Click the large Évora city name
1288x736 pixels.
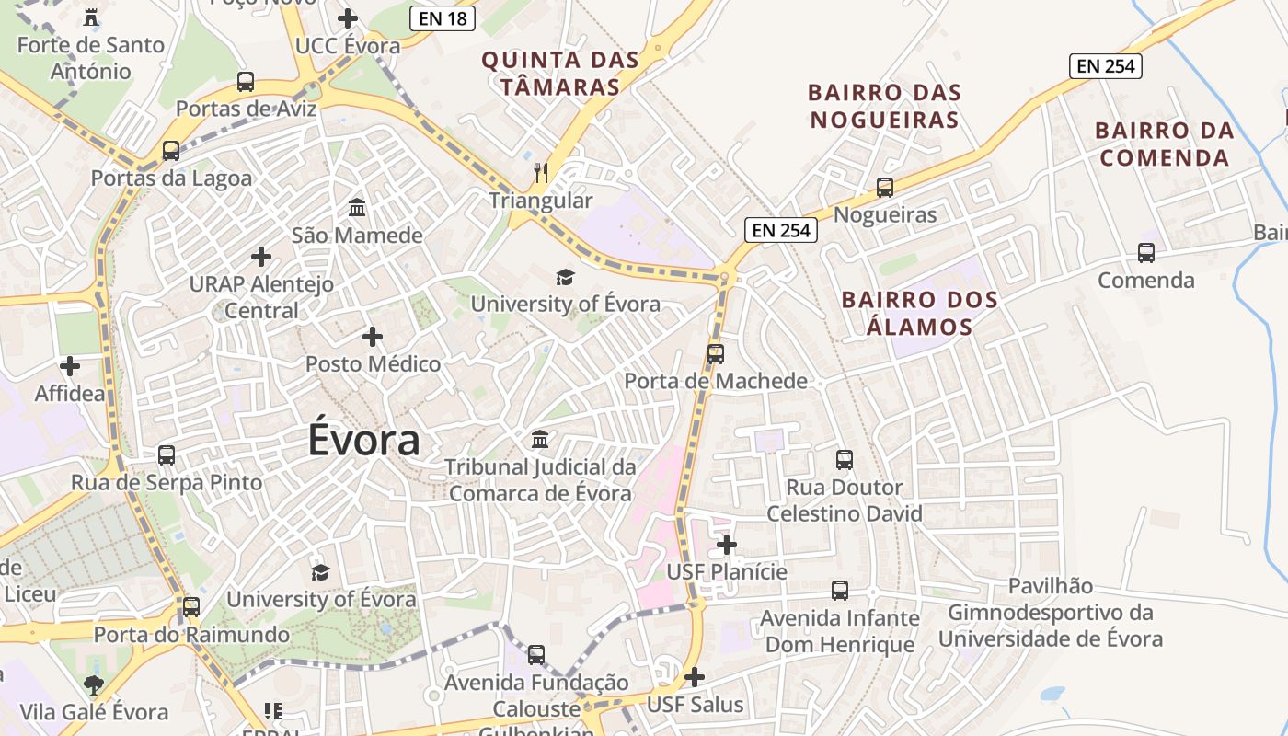[363, 441]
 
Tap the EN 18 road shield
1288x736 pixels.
[443, 17]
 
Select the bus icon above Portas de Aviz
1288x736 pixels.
[246, 81]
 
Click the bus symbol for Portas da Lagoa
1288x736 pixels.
[171, 150]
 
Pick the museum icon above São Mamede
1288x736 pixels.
[357, 208]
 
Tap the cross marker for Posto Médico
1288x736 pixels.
[373, 337]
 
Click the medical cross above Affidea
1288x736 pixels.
[70, 366]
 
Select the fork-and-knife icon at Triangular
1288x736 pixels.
[541, 172]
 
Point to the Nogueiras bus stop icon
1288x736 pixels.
[885, 188]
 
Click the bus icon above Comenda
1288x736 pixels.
[1146, 253]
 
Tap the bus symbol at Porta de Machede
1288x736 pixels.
[716, 353]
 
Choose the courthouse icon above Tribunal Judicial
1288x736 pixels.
[540, 439]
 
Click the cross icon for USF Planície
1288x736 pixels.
[727, 545]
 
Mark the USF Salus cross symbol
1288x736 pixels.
[695, 677]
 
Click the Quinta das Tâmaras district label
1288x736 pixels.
[560, 74]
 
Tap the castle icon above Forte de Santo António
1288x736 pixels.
[90, 17]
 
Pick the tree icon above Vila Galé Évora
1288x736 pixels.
[93, 684]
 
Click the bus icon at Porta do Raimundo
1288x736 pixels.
[191, 606]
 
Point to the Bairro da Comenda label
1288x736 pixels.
[1164, 144]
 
